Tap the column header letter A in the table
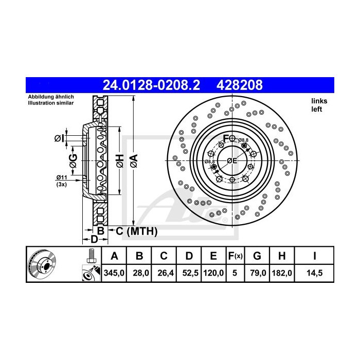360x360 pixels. click(x=115, y=256)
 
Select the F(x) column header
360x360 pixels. click(x=235, y=256)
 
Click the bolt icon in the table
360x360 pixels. click(x=91, y=255)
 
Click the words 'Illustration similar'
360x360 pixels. click(x=50, y=103)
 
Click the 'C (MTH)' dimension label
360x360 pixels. click(x=136, y=231)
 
